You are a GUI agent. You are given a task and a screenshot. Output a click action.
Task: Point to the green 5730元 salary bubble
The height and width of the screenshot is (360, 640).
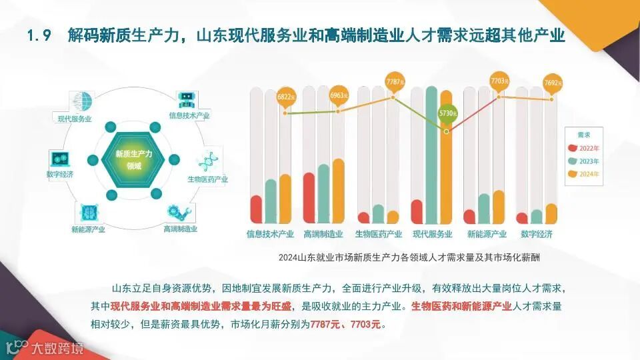447,114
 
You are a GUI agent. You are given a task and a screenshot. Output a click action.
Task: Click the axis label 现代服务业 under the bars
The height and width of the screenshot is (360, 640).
433,235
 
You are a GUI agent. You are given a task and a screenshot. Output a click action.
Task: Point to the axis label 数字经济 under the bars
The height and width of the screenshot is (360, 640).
539,235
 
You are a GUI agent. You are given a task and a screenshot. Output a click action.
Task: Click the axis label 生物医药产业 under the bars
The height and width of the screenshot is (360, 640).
378,235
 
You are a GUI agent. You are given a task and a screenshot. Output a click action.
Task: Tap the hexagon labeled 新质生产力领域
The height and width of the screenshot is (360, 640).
133,159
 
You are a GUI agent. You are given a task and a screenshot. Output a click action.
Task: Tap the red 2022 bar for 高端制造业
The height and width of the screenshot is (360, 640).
309,198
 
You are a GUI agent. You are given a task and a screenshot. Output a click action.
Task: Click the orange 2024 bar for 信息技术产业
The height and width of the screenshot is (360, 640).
285,199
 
